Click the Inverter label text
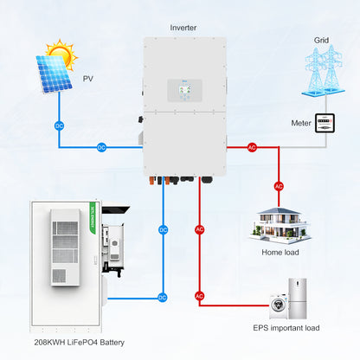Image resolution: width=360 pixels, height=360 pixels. pos(183,28)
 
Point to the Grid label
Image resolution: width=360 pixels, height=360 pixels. pos(321,40)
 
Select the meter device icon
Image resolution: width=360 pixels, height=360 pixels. pos(324,123)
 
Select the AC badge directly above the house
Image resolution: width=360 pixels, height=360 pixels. pos(279,186)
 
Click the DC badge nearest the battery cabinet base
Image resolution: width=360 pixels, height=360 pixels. pos(163,297)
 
